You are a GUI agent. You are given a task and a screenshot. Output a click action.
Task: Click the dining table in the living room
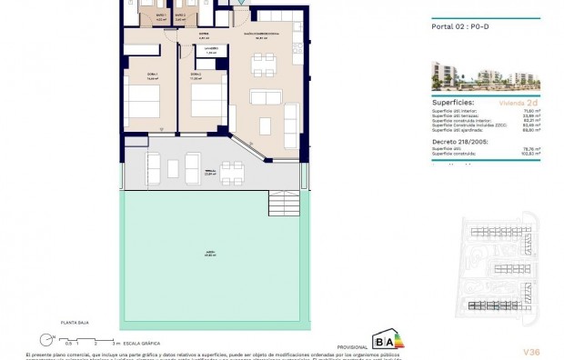click(x=264, y=62)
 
